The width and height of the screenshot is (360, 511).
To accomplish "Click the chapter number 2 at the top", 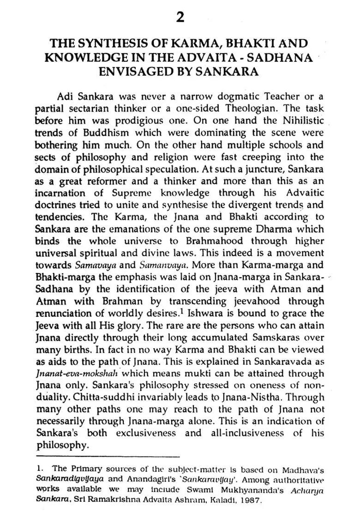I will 180,18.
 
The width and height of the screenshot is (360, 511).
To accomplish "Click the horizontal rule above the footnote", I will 107,457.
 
